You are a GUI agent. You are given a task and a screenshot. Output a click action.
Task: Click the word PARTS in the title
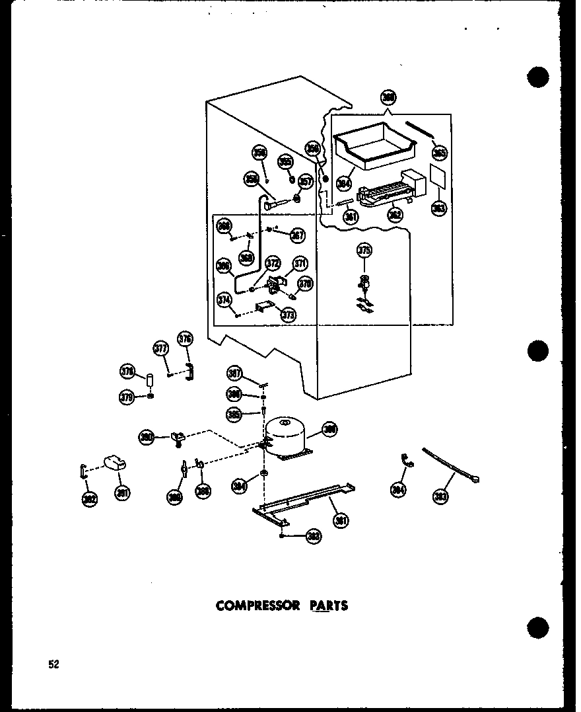[x=328, y=605]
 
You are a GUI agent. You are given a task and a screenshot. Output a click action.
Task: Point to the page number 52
[x=53, y=664]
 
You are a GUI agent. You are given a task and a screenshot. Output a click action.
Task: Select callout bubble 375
[x=364, y=250]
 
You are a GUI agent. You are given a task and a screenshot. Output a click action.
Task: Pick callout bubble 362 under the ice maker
[x=395, y=215]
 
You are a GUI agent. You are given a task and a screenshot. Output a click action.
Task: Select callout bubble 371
[x=301, y=264]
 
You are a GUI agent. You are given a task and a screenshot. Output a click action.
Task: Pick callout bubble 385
[x=233, y=415]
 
